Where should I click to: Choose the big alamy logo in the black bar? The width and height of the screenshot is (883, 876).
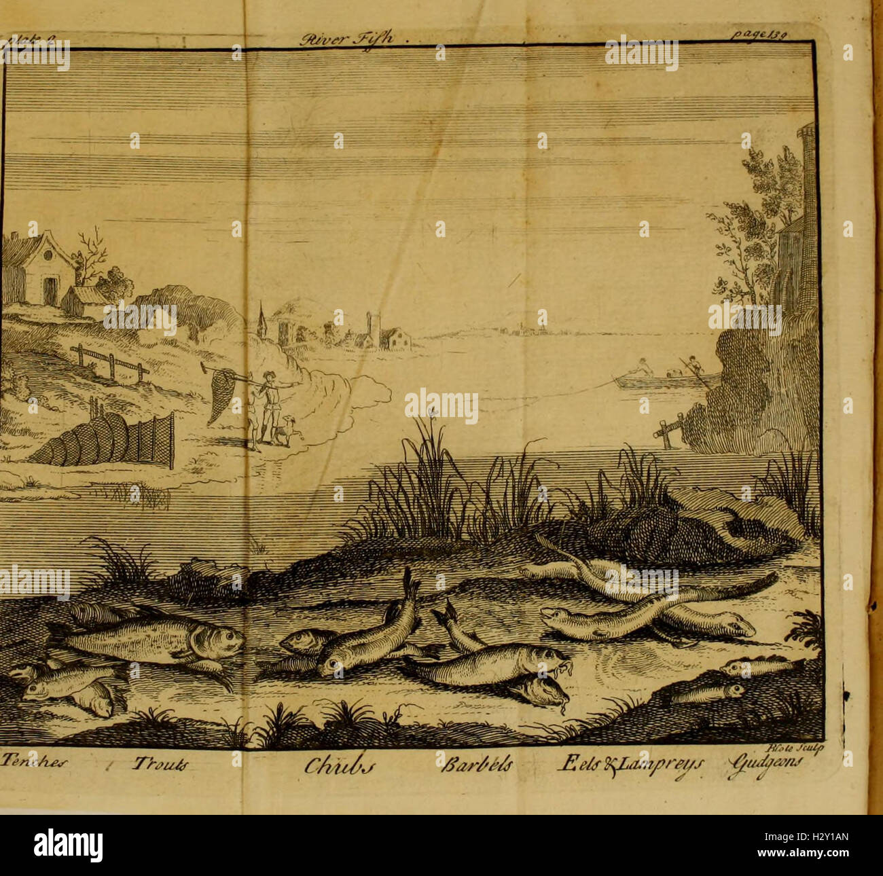tap(68, 845)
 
